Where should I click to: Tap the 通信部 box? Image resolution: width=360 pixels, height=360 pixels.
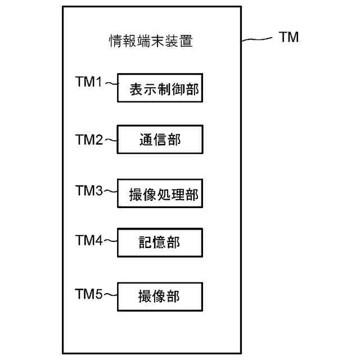click(160, 139)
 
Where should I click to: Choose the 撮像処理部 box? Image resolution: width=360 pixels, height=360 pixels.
click(160, 194)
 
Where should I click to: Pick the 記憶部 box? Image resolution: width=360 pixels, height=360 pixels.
click(160, 242)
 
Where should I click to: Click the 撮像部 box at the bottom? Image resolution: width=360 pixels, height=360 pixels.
click(160, 295)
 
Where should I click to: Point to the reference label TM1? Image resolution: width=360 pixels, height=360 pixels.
click(89, 82)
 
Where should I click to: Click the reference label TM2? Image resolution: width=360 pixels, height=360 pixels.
click(89, 138)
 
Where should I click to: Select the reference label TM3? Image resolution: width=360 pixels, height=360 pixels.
click(89, 190)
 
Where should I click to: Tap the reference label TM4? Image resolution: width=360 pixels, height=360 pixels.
click(89, 240)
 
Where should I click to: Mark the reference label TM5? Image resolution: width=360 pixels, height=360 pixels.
click(89, 293)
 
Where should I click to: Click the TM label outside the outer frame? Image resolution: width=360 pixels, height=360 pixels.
click(289, 38)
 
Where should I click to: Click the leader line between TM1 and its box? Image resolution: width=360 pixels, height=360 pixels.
click(111, 84)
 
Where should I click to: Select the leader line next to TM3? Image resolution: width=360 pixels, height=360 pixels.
click(111, 192)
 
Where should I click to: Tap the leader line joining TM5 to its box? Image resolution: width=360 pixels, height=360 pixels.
click(111, 294)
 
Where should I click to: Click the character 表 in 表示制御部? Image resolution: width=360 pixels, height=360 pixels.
click(136, 88)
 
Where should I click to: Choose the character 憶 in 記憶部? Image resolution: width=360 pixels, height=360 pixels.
click(160, 243)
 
